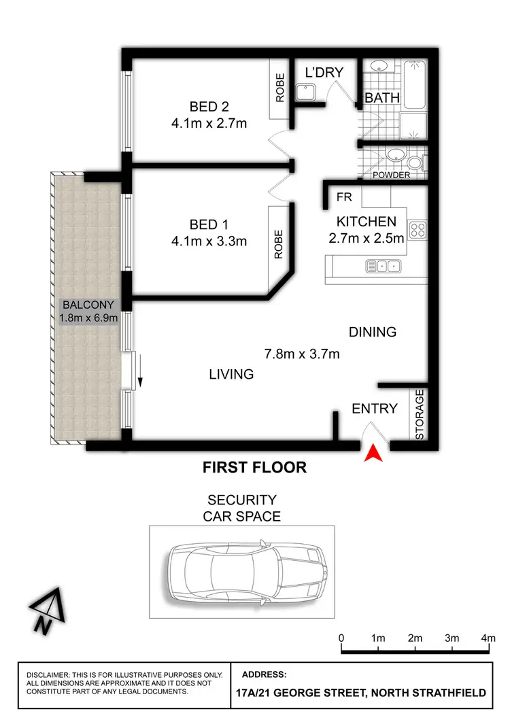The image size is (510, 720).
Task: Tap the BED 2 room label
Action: click(209, 107)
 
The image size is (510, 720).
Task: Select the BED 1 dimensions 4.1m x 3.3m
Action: click(209, 241)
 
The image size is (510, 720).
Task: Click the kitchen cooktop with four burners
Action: click(417, 229)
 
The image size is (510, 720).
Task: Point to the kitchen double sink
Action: click(384, 266)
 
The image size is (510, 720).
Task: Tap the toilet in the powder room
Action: click(413, 162)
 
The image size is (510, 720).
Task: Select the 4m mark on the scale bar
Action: click(488, 638)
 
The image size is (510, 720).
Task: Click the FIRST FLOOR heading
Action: click(255, 468)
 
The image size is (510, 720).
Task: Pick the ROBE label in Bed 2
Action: click(279, 87)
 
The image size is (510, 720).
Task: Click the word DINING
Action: click(372, 332)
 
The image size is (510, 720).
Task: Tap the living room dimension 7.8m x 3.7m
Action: click(301, 354)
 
